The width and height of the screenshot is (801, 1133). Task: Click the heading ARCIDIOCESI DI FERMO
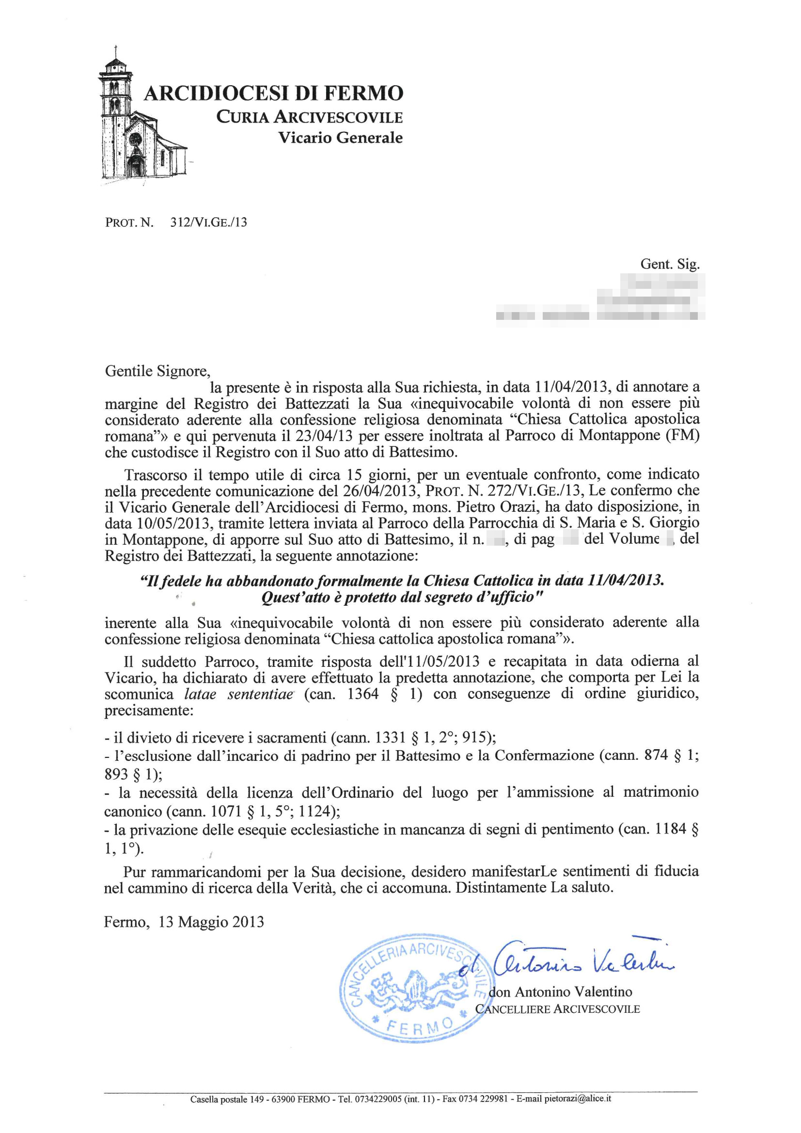(x=273, y=93)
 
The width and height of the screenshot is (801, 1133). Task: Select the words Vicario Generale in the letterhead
(x=340, y=137)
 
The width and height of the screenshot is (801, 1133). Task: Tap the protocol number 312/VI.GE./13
(x=208, y=222)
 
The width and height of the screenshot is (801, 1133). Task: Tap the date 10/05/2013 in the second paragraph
(x=156, y=522)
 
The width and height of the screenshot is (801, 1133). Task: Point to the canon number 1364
(x=363, y=694)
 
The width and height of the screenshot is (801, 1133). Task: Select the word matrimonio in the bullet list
(x=661, y=792)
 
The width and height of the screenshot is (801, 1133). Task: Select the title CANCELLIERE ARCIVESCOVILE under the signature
(x=558, y=1009)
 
